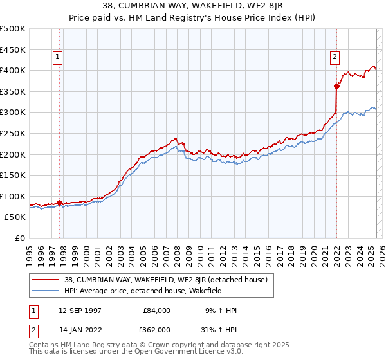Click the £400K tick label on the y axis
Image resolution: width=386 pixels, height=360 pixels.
coord(13,70)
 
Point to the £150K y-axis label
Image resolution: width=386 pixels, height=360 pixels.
coord(13,175)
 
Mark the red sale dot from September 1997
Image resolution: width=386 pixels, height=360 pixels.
coord(60,203)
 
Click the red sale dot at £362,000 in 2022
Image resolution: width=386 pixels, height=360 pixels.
coord(336,86)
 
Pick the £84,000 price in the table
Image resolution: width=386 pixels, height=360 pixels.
coord(156,310)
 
